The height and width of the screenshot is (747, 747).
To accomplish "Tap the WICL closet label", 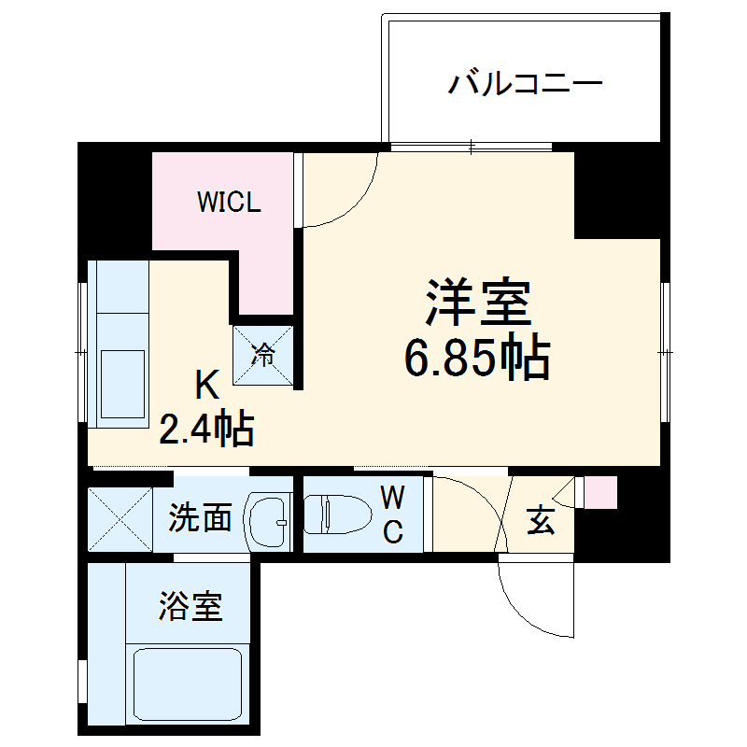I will (x=228, y=202).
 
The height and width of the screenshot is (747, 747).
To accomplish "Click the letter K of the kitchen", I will (x=206, y=384).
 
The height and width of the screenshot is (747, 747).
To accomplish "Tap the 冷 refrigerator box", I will (x=263, y=354).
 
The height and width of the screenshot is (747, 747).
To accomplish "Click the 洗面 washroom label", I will (x=200, y=518).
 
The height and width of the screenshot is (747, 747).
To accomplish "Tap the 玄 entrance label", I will (x=541, y=521).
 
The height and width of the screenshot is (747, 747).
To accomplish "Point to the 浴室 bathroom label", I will (x=190, y=608).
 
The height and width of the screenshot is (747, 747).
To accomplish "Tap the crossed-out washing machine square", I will (x=120, y=519).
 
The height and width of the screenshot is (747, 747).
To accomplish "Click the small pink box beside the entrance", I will (x=600, y=491).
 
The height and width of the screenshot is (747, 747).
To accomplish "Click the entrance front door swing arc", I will (x=528, y=608).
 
